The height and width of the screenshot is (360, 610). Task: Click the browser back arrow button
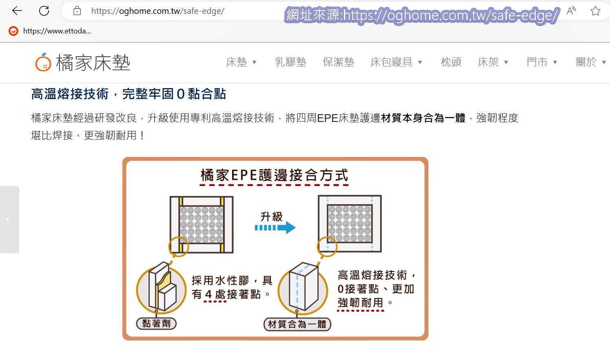click(17, 11)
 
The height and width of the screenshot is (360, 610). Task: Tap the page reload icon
click(44, 11)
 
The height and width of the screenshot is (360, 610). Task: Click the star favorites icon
click(595, 11)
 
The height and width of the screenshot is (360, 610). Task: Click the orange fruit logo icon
click(43, 62)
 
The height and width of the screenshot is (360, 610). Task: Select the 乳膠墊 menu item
click(291, 62)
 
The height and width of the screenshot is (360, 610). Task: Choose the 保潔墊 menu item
click(338, 62)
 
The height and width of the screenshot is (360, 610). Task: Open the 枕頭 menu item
click(451, 62)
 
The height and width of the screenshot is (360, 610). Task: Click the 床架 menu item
click(488, 62)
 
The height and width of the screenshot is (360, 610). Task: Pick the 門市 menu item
click(537, 62)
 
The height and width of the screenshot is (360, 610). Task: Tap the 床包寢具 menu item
click(391, 62)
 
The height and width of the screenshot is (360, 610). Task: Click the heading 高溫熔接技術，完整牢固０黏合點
click(129, 94)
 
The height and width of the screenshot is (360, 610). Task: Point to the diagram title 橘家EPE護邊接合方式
click(274, 175)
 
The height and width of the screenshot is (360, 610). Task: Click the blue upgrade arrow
click(275, 227)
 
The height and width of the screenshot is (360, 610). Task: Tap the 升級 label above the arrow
click(272, 216)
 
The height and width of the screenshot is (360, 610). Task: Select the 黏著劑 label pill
click(156, 324)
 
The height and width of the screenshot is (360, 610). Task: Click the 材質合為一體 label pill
click(297, 325)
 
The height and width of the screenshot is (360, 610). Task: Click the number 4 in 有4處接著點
click(209, 294)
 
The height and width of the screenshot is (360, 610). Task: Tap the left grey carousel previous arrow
click(8, 219)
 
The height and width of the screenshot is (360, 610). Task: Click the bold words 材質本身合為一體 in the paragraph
click(423, 118)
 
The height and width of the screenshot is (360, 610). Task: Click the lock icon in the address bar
click(77, 11)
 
